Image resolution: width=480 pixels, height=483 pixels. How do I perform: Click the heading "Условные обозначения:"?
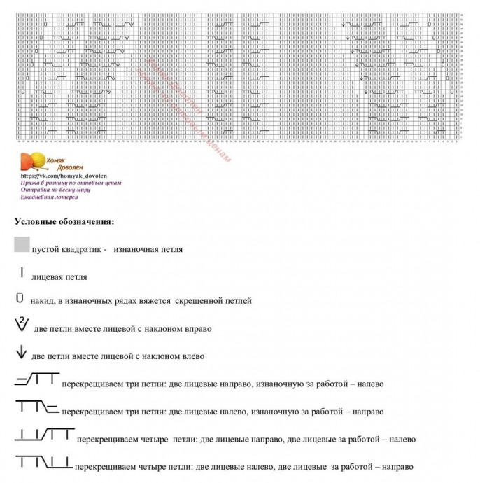[x=64, y=222]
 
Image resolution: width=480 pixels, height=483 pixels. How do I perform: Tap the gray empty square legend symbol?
[x=22, y=244]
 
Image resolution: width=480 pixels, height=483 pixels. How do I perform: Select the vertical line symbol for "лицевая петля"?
[x=22, y=273]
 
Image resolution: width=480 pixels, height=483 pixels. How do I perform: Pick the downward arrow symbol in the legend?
[x=22, y=355]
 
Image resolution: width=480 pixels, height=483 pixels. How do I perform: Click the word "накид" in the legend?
[x=41, y=301]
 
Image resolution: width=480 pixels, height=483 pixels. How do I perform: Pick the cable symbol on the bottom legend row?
[x=43, y=462]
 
